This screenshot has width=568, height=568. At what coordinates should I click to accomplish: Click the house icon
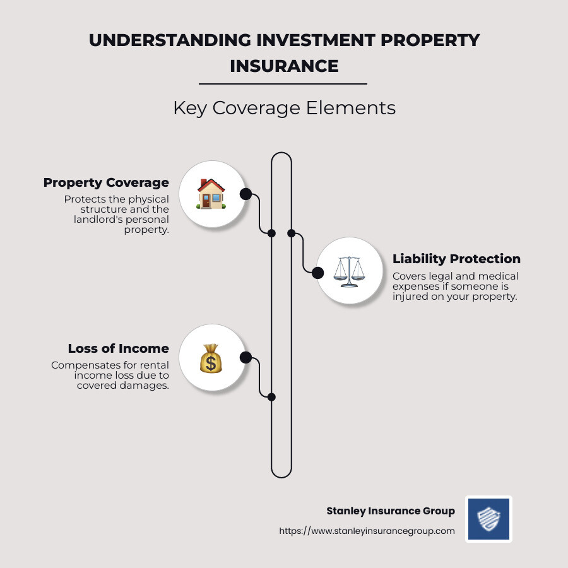(211, 194)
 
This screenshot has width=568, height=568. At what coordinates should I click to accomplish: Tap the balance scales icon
(348, 272)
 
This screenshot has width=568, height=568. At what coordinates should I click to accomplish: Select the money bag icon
(211, 358)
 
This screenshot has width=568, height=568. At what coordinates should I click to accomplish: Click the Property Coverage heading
(106, 182)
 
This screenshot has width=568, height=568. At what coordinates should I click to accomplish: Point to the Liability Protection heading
(456, 259)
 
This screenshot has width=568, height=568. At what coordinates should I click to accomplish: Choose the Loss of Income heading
(119, 348)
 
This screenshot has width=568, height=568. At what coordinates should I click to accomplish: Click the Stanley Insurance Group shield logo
(488, 519)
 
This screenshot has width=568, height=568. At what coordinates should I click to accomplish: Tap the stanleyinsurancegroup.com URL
(367, 531)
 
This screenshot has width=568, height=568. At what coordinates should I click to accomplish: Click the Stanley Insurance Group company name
(390, 511)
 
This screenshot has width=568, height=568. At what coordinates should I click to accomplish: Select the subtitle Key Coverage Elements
(284, 108)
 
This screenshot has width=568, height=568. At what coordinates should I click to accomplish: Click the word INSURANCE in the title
(284, 66)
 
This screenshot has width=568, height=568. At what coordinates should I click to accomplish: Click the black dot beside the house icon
(246, 194)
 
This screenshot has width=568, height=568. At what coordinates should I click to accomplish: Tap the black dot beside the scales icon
(318, 273)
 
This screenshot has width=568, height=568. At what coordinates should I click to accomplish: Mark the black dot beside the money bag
(246, 358)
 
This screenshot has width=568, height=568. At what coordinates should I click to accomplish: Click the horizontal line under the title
(283, 83)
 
